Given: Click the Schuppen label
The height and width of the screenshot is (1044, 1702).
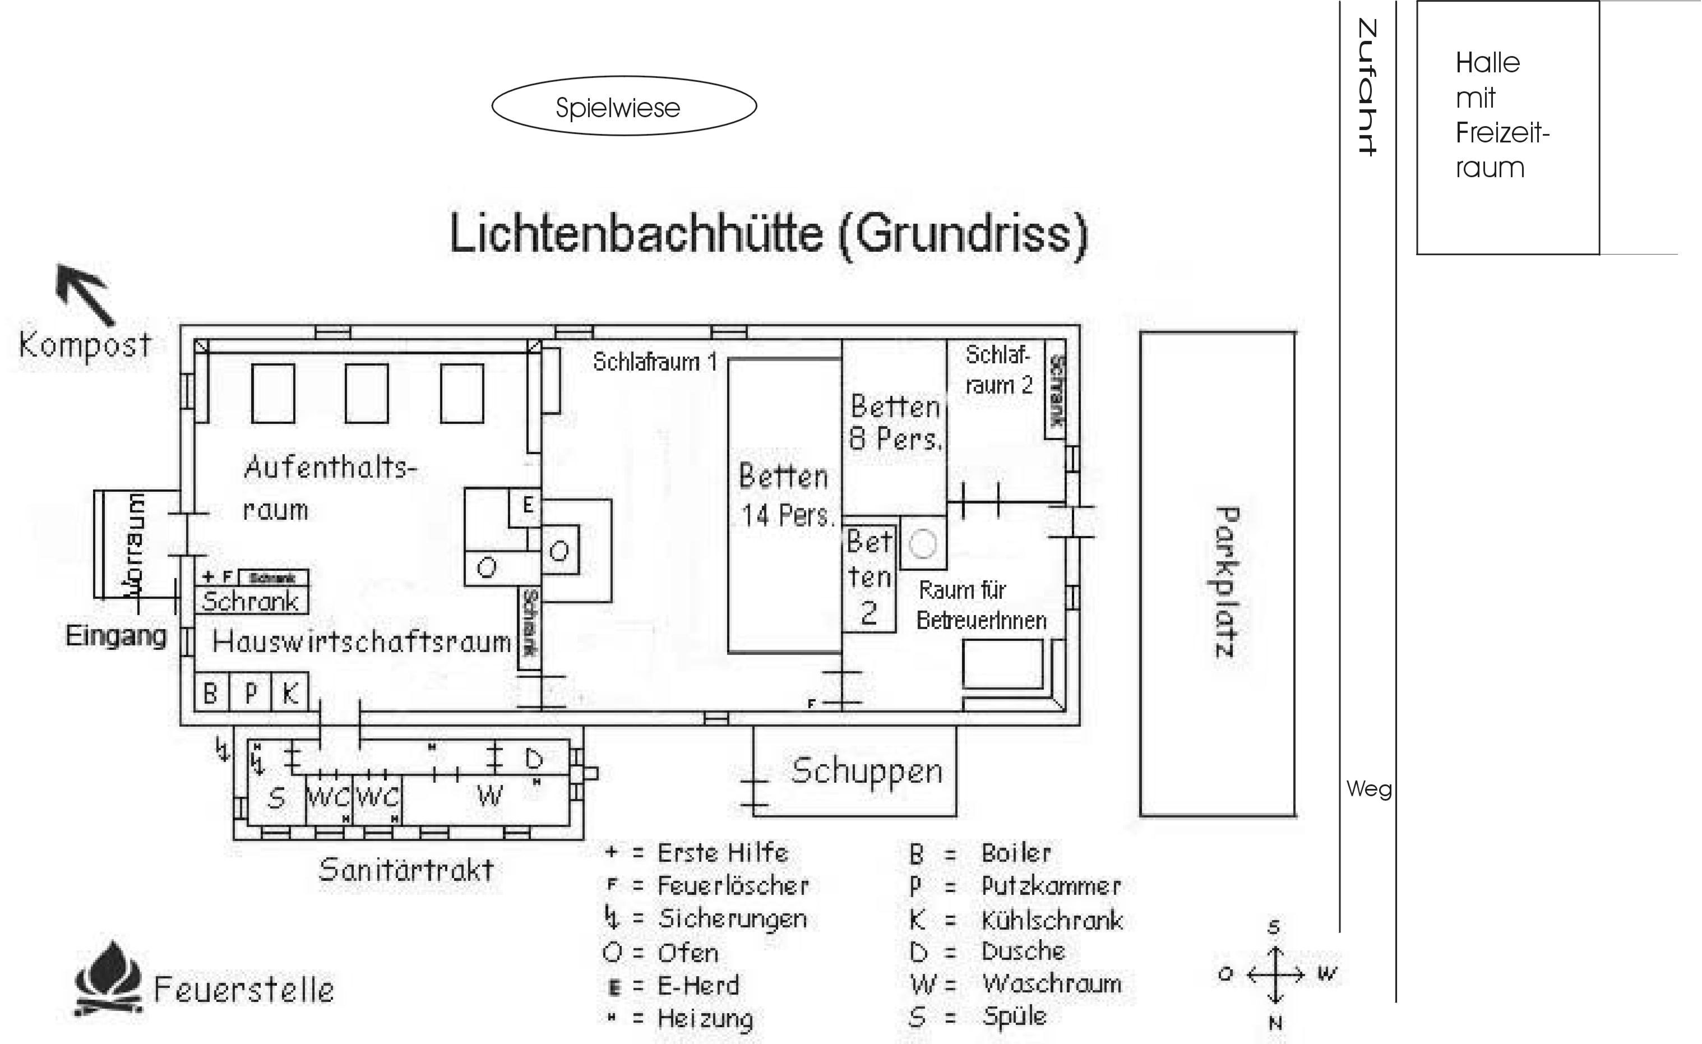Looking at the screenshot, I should (867, 772).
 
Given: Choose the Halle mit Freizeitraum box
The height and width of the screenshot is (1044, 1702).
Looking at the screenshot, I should (1507, 128).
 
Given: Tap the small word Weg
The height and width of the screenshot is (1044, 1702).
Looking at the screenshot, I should (1368, 789).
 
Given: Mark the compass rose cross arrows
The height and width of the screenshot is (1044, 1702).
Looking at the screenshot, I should (1275, 975).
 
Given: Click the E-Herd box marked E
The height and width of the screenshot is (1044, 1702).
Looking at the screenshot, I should (526, 506).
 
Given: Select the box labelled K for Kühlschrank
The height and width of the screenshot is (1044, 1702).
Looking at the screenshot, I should (290, 692).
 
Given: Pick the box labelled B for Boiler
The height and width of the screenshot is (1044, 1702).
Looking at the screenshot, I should (211, 692).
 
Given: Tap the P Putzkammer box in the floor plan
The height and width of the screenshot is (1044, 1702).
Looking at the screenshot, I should (251, 692).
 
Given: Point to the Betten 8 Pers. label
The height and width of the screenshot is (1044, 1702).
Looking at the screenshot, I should (895, 423).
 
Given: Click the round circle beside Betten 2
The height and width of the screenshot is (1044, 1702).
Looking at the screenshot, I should (923, 543).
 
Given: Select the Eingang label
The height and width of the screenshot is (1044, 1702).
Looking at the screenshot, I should (116, 636).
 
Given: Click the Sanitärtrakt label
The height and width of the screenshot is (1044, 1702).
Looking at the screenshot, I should (406, 869).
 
